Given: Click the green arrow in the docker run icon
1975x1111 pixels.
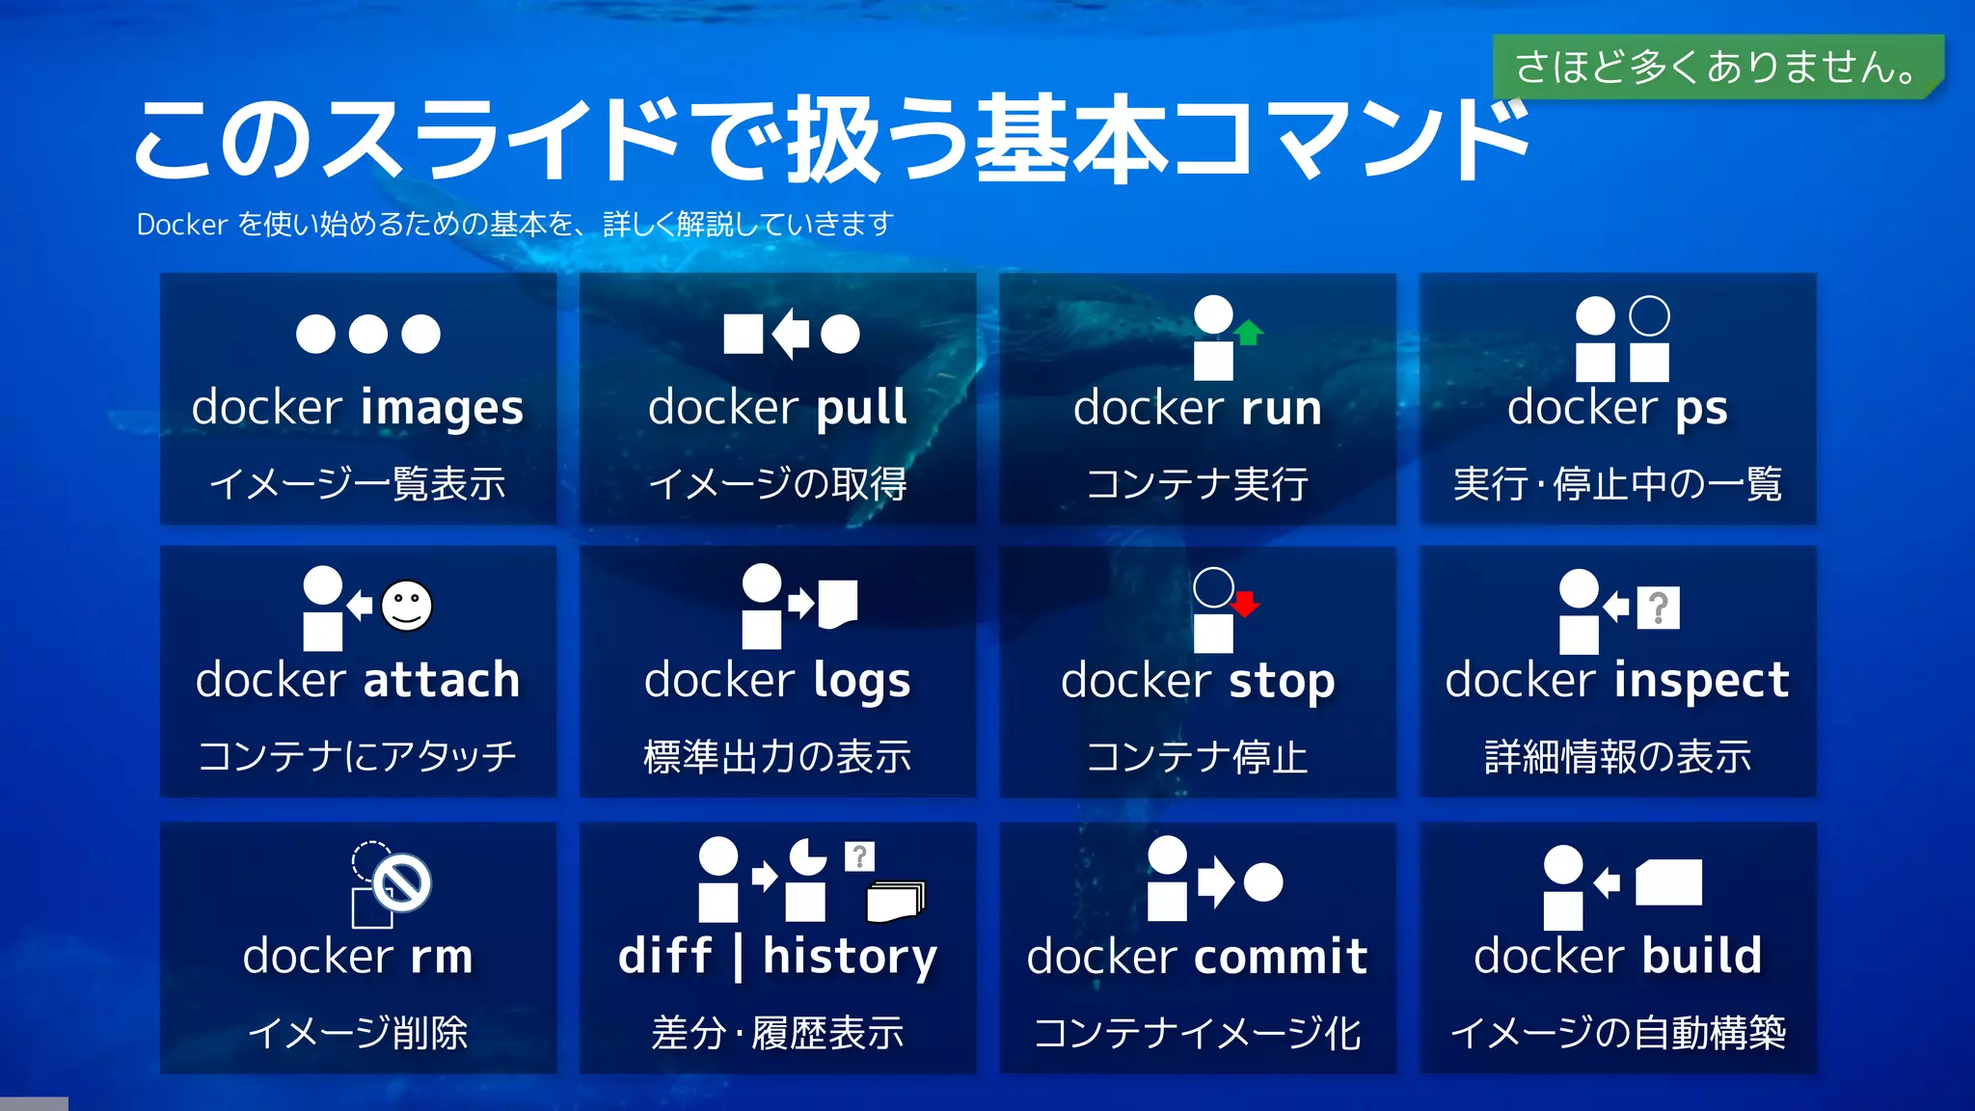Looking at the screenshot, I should [x=1249, y=332].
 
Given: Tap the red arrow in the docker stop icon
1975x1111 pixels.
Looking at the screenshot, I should [x=1245, y=604].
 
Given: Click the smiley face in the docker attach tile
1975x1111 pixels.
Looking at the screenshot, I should [x=406, y=606].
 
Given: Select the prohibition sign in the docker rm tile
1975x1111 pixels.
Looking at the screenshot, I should [x=402, y=881].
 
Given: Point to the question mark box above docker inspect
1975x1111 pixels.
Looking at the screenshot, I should [x=1658, y=608].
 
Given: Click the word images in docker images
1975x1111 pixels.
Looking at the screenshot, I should [x=442, y=408].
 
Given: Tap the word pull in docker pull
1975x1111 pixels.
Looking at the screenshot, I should [x=861, y=408].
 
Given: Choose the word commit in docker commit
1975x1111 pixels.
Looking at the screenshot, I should [x=1281, y=957].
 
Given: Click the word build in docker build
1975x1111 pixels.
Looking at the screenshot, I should [x=1701, y=957].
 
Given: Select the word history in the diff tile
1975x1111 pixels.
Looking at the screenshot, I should [x=850, y=957].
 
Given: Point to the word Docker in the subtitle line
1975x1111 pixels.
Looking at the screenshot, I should [x=181, y=225].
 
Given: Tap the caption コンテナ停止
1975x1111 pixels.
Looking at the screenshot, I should [x=1197, y=757].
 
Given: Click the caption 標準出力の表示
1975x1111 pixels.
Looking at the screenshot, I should [x=777, y=757].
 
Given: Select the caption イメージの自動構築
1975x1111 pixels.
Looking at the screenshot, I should [x=1617, y=1033].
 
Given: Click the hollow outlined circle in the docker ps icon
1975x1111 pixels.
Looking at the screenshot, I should [x=1649, y=315].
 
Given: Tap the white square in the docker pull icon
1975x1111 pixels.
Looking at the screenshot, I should [x=743, y=335].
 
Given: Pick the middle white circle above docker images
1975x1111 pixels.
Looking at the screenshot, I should [x=367, y=335].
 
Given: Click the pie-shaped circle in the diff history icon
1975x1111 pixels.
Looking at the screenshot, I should [x=807, y=856].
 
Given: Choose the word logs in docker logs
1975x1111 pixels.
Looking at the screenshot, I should [x=861, y=682].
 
